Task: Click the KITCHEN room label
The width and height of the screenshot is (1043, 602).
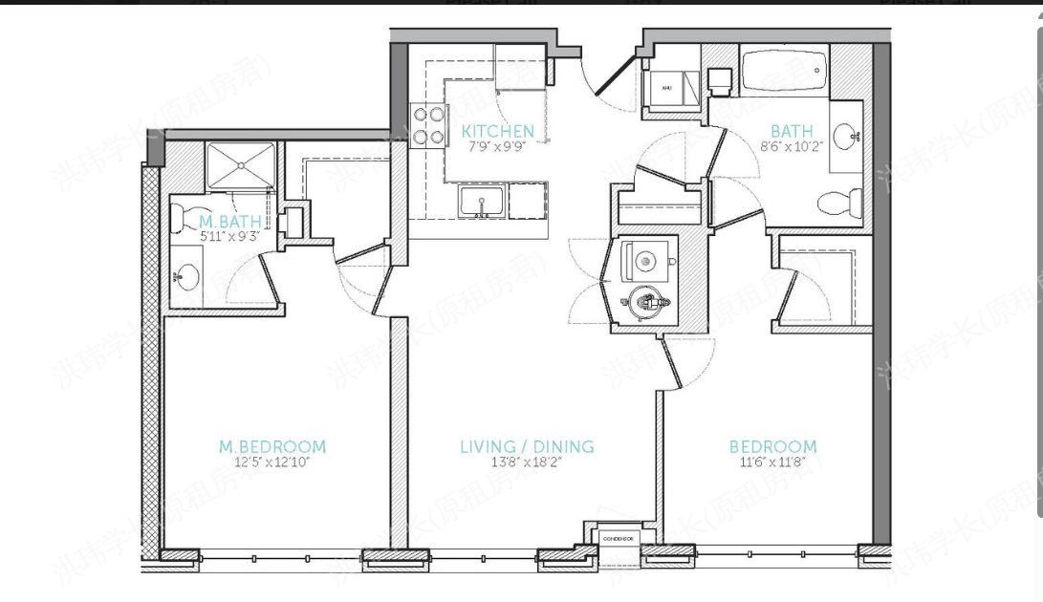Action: coord(497,131)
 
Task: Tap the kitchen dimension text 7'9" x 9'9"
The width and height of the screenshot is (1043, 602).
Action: coord(497,146)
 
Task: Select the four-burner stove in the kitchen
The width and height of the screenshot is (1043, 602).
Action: coord(428,125)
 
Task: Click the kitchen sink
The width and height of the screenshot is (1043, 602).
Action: coord(481,202)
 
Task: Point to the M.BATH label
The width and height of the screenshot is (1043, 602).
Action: coord(228,222)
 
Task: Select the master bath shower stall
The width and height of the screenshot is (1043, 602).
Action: coord(240,166)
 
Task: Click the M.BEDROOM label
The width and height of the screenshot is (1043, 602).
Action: coord(272,446)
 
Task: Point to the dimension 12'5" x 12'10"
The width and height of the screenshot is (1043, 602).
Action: coord(272,462)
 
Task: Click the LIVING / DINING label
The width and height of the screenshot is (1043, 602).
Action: coord(527,446)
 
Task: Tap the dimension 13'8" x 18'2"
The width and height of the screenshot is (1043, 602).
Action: coord(527,462)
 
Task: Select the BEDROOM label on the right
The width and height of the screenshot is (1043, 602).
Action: coord(772,446)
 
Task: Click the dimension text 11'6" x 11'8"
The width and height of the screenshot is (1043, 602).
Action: coord(772,462)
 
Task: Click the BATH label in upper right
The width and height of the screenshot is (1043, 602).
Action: coord(792,131)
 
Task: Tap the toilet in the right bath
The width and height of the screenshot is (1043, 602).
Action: coord(842,203)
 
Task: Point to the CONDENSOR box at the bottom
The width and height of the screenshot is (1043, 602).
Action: coord(619,540)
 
